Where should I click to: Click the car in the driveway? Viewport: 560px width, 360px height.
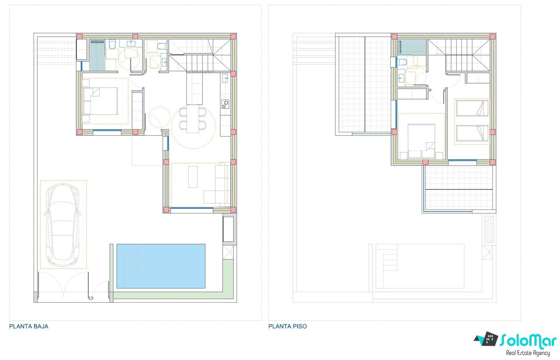(63, 225)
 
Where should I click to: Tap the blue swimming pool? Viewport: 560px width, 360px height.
(161, 266)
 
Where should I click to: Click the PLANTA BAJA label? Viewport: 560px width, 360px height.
(29, 326)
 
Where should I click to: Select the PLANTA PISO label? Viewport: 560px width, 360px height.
(287, 326)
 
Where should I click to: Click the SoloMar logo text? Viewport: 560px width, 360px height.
(528, 341)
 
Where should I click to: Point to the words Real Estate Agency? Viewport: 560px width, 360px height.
(528, 353)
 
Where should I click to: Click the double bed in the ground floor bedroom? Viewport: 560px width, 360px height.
(100, 101)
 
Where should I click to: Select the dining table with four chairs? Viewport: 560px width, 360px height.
(193, 119)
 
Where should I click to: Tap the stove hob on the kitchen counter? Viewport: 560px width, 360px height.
(225, 104)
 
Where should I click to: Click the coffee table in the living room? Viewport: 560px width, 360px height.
(193, 177)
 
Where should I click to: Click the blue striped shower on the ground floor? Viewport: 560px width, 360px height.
(97, 55)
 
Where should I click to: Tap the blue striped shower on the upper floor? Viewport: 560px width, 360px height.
(412, 46)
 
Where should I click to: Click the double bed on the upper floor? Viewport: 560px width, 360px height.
(421, 141)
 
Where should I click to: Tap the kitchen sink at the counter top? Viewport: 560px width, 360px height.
(225, 78)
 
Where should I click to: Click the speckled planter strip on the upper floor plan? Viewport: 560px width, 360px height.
(489, 229)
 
